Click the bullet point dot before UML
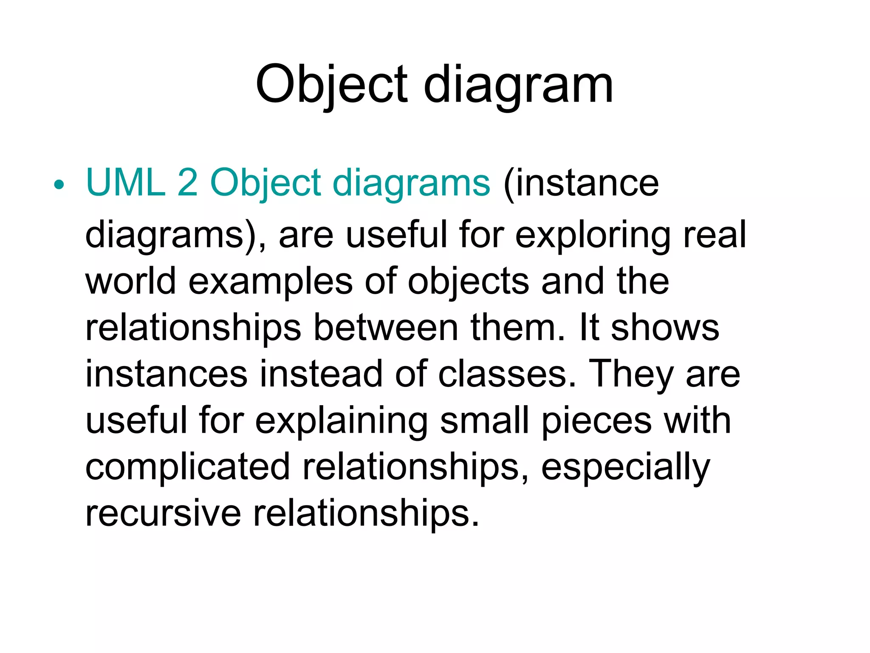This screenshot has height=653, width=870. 59,185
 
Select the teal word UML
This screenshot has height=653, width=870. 125,183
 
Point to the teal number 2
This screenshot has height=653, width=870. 187,183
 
